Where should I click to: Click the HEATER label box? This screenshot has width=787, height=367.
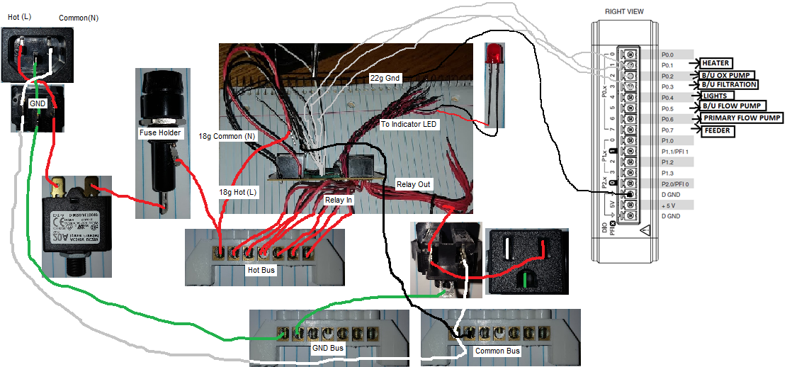pos(716,63)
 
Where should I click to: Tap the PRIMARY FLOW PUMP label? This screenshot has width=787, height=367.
pos(742,118)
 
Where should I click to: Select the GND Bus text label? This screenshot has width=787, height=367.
pos(328,349)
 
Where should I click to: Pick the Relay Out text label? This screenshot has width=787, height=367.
pos(413,183)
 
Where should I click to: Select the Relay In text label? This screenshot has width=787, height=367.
pos(339,200)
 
